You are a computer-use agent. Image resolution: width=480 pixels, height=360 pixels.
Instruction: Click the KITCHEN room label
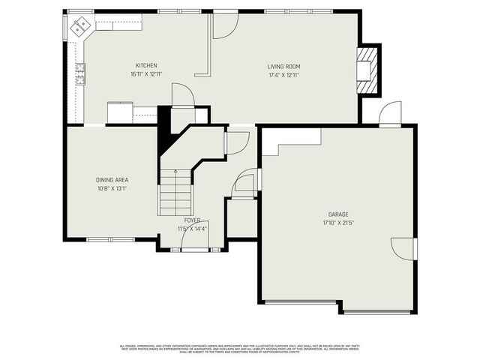pos(146,66)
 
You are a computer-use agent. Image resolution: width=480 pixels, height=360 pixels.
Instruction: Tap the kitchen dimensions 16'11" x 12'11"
pos(146,74)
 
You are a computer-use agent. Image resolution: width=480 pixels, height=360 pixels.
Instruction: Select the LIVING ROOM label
pos(283,67)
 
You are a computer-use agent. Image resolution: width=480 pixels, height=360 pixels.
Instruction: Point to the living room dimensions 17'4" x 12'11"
pos(283,75)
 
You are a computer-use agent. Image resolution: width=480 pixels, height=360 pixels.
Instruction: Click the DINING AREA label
pos(112,180)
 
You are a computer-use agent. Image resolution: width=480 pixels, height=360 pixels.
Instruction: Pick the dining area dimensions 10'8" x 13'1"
pos(112,188)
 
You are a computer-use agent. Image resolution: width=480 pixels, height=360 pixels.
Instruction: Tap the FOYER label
pos(192,220)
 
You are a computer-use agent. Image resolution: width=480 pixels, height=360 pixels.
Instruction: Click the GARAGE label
pos(338,214)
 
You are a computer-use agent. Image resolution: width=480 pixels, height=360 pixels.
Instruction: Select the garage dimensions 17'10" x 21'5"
pos(338,223)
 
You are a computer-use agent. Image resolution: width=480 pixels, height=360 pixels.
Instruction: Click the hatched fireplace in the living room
pos(367,70)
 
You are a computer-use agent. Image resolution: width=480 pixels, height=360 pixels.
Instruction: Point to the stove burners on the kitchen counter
pos(79,73)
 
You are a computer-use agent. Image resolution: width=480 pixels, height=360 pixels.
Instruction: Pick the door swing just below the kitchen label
pos(183,95)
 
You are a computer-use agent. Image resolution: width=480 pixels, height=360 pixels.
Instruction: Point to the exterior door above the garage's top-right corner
pos(390,115)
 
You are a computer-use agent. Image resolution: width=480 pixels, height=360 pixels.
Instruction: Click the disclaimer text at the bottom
pos(240,349)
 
